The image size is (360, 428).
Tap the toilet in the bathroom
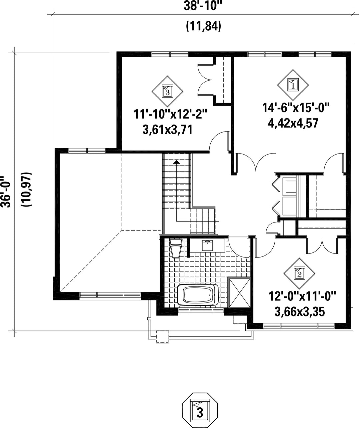176,248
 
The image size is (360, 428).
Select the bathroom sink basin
207,245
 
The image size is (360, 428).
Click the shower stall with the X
239,292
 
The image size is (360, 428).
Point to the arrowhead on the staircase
176,162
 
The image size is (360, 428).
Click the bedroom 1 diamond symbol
293,85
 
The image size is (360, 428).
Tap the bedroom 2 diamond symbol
299,273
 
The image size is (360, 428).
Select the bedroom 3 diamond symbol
167,91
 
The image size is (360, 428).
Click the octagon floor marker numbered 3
200,410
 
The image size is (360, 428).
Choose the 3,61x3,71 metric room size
167,130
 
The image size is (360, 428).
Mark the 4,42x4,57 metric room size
293,123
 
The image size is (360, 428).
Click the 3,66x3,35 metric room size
299,312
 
